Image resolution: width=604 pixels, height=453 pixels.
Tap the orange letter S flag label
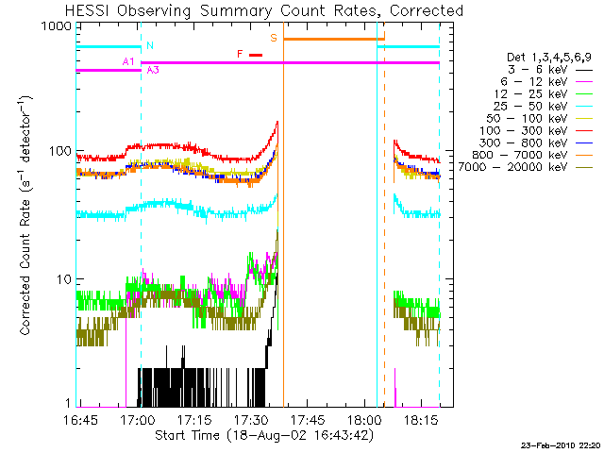click(x=274, y=38)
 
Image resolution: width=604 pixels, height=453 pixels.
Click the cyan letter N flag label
click(x=149, y=45)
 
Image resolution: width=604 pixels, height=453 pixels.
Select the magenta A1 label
click(x=129, y=61)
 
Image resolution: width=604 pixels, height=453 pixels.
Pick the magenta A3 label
click(x=152, y=70)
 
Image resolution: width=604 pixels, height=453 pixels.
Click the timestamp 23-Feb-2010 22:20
click(x=561, y=445)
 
